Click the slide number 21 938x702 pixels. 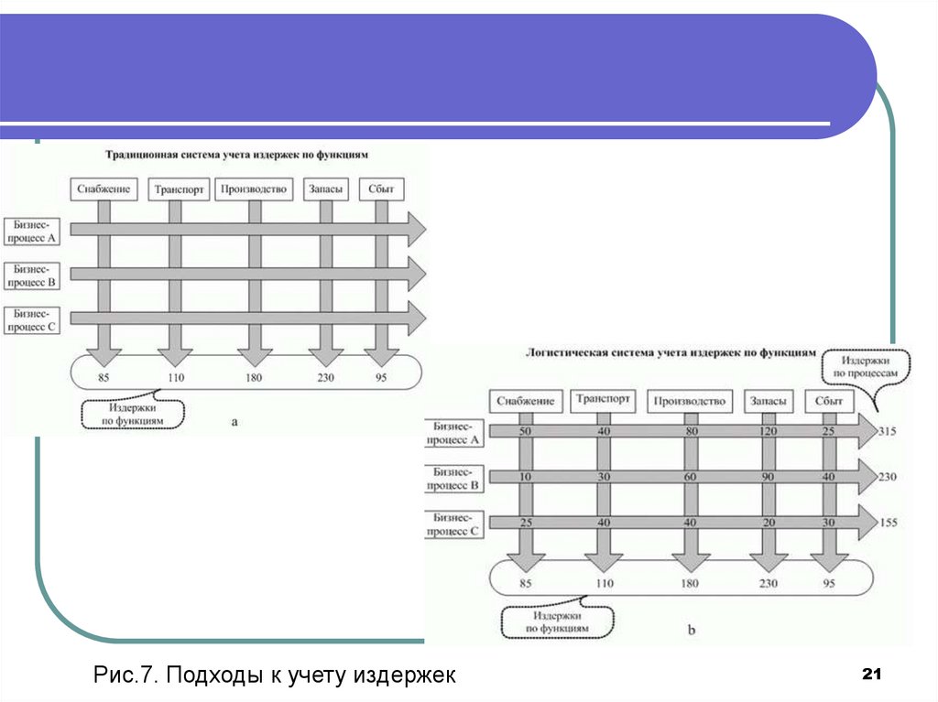(871, 675)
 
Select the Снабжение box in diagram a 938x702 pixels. (104, 189)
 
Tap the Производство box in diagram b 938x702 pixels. (690, 401)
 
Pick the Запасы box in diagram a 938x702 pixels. (326, 189)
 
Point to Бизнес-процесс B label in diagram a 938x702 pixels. (32, 275)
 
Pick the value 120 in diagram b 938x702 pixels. (768, 430)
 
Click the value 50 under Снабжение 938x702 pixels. (526, 430)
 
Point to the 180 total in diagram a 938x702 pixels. (254, 375)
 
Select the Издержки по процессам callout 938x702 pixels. (865, 367)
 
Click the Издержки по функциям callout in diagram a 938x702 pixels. (132, 414)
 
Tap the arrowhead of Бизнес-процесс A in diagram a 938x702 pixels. (416, 229)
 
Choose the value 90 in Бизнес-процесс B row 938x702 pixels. (768, 477)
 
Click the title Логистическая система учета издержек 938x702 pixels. (669, 351)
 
